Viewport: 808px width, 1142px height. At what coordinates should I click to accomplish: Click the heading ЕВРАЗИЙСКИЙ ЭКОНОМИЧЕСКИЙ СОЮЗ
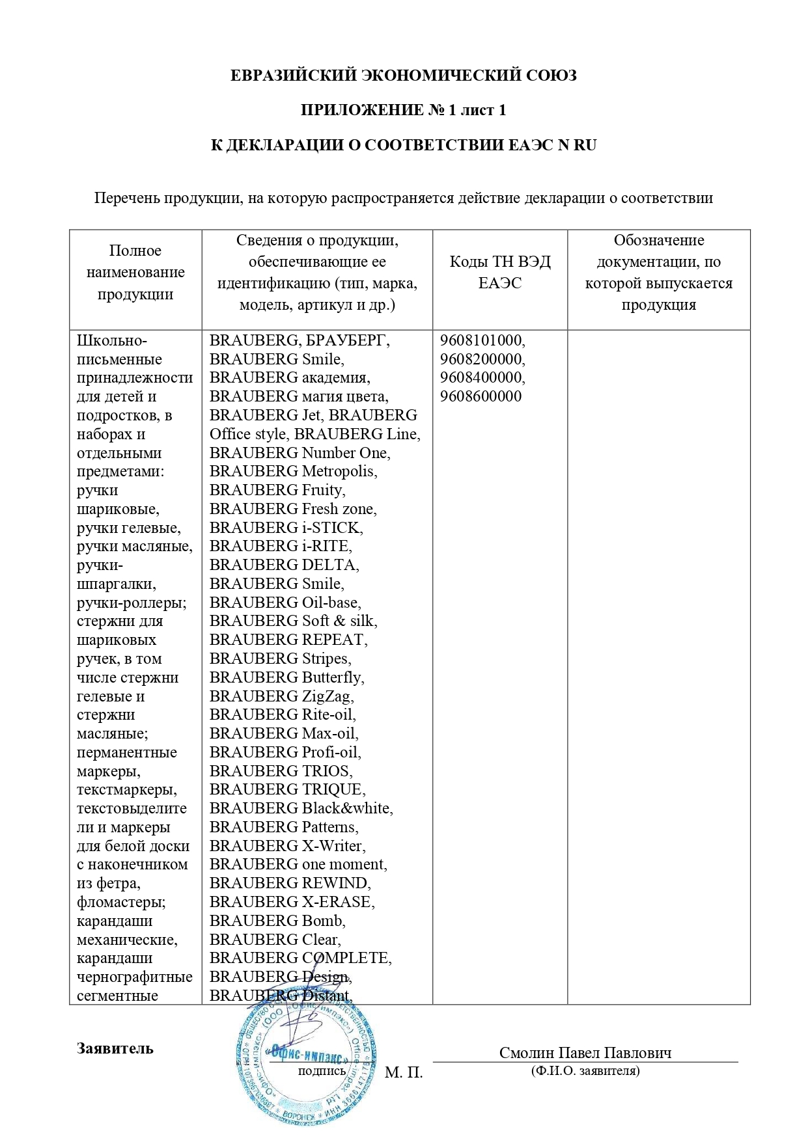[x=403, y=75]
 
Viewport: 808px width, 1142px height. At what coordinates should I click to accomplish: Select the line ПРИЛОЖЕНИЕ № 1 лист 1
[x=403, y=110]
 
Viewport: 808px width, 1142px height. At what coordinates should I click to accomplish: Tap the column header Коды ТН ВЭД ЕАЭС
[x=499, y=272]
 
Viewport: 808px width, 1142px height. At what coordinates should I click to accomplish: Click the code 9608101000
[x=482, y=340]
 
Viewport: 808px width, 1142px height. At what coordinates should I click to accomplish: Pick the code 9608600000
[x=481, y=396]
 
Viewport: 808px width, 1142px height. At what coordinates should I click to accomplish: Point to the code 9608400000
[x=482, y=377]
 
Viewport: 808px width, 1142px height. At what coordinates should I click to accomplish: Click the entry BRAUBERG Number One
[x=300, y=453]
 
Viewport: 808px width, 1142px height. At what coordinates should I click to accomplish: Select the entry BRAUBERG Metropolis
[x=293, y=471]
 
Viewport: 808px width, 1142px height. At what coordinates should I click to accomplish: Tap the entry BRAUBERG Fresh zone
[x=293, y=509]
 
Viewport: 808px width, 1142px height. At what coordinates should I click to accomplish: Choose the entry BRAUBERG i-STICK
[x=286, y=528]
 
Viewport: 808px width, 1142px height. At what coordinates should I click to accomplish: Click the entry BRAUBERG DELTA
[x=284, y=565]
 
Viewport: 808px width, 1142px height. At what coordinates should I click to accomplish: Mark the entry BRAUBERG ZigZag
[x=281, y=696]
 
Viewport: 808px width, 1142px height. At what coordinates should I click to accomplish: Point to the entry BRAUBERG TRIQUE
[x=287, y=789]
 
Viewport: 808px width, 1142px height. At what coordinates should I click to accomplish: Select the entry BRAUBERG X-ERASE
[x=292, y=902]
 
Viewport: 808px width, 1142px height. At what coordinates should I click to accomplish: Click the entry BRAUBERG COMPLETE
[x=300, y=958]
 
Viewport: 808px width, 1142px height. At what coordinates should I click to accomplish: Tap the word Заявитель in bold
[x=115, y=1048]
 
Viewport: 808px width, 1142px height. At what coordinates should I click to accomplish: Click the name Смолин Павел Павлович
[x=585, y=1053]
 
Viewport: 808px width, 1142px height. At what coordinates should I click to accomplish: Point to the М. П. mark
[x=404, y=1072]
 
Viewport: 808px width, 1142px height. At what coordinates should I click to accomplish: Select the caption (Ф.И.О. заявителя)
[x=585, y=1070]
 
